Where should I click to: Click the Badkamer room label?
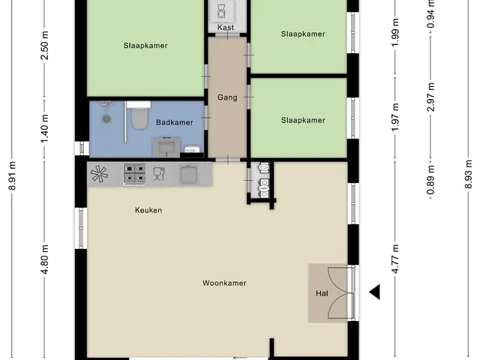tap(175, 122)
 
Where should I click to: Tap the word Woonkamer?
tap(224, 283)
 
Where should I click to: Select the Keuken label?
tap(148, 210)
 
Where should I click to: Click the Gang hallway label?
tap(227, 97)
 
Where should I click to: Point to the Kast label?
tap(226, 27)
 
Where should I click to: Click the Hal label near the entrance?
tap(322, 293)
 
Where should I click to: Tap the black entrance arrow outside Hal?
tap(375, 292)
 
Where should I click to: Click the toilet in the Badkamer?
tap(139, 115)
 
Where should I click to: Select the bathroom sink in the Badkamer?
tap(166, 147)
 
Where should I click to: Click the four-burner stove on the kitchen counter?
tap(134, 174)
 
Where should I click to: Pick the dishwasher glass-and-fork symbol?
tap(159, 173)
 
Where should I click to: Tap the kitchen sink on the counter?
tap(188, 174)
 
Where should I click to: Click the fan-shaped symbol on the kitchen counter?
tap(100, 174)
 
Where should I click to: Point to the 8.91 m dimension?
tap(12, 175)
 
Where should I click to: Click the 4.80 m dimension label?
tap(45, 259)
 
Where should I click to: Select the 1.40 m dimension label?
tap(45, 128)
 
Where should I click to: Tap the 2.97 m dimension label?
tap(431, 97)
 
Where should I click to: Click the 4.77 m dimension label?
tap(395, 259)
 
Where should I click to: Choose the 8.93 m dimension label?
tap(468, 174)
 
